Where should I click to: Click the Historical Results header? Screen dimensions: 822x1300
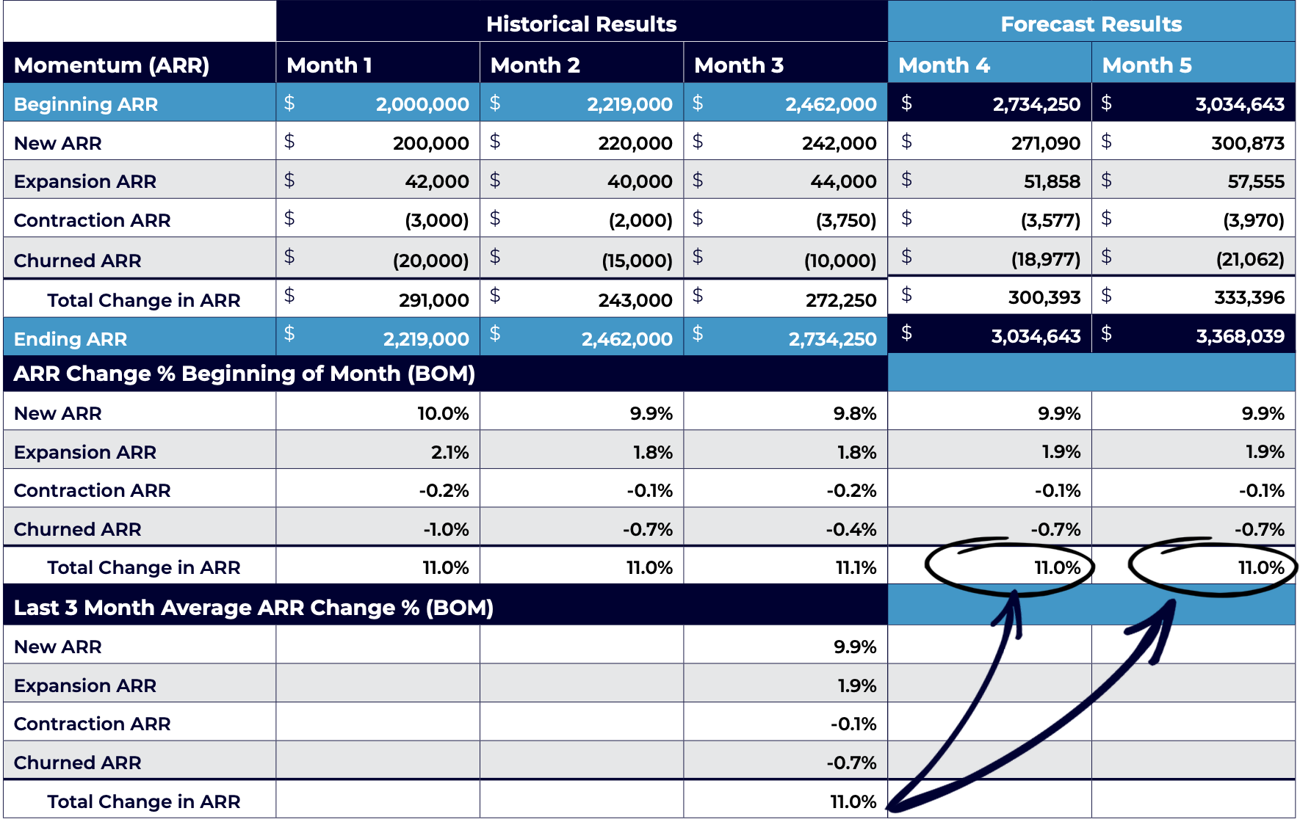pos(581,24)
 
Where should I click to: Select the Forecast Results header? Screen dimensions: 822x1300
pos(1091,24)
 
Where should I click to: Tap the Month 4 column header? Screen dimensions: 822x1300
pos(944,65)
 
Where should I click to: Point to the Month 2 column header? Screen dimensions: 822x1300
pos(535,65)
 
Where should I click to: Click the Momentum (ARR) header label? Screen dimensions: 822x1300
pos(112,65)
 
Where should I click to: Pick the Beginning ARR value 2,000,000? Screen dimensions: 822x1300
pos(422,104)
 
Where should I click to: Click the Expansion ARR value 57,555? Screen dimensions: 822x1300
pos(1256,181)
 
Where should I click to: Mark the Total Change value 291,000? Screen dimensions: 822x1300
pos(433,300)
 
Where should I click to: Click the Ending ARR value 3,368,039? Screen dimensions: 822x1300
pos(1240,336)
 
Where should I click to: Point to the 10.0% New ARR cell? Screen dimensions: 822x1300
pos(443,413)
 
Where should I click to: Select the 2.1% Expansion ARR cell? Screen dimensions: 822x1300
pos(449,452)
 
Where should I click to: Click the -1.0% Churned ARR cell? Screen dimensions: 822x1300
pos(446,529)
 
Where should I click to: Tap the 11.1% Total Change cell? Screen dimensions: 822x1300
pos(856,567)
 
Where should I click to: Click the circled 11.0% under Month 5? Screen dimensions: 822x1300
pos(1261,567)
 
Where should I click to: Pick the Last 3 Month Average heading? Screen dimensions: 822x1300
pos(253,608)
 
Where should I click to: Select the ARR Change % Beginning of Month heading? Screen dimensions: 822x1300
pos(244,374)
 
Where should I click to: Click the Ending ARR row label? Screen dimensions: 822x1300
pos(71,339)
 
